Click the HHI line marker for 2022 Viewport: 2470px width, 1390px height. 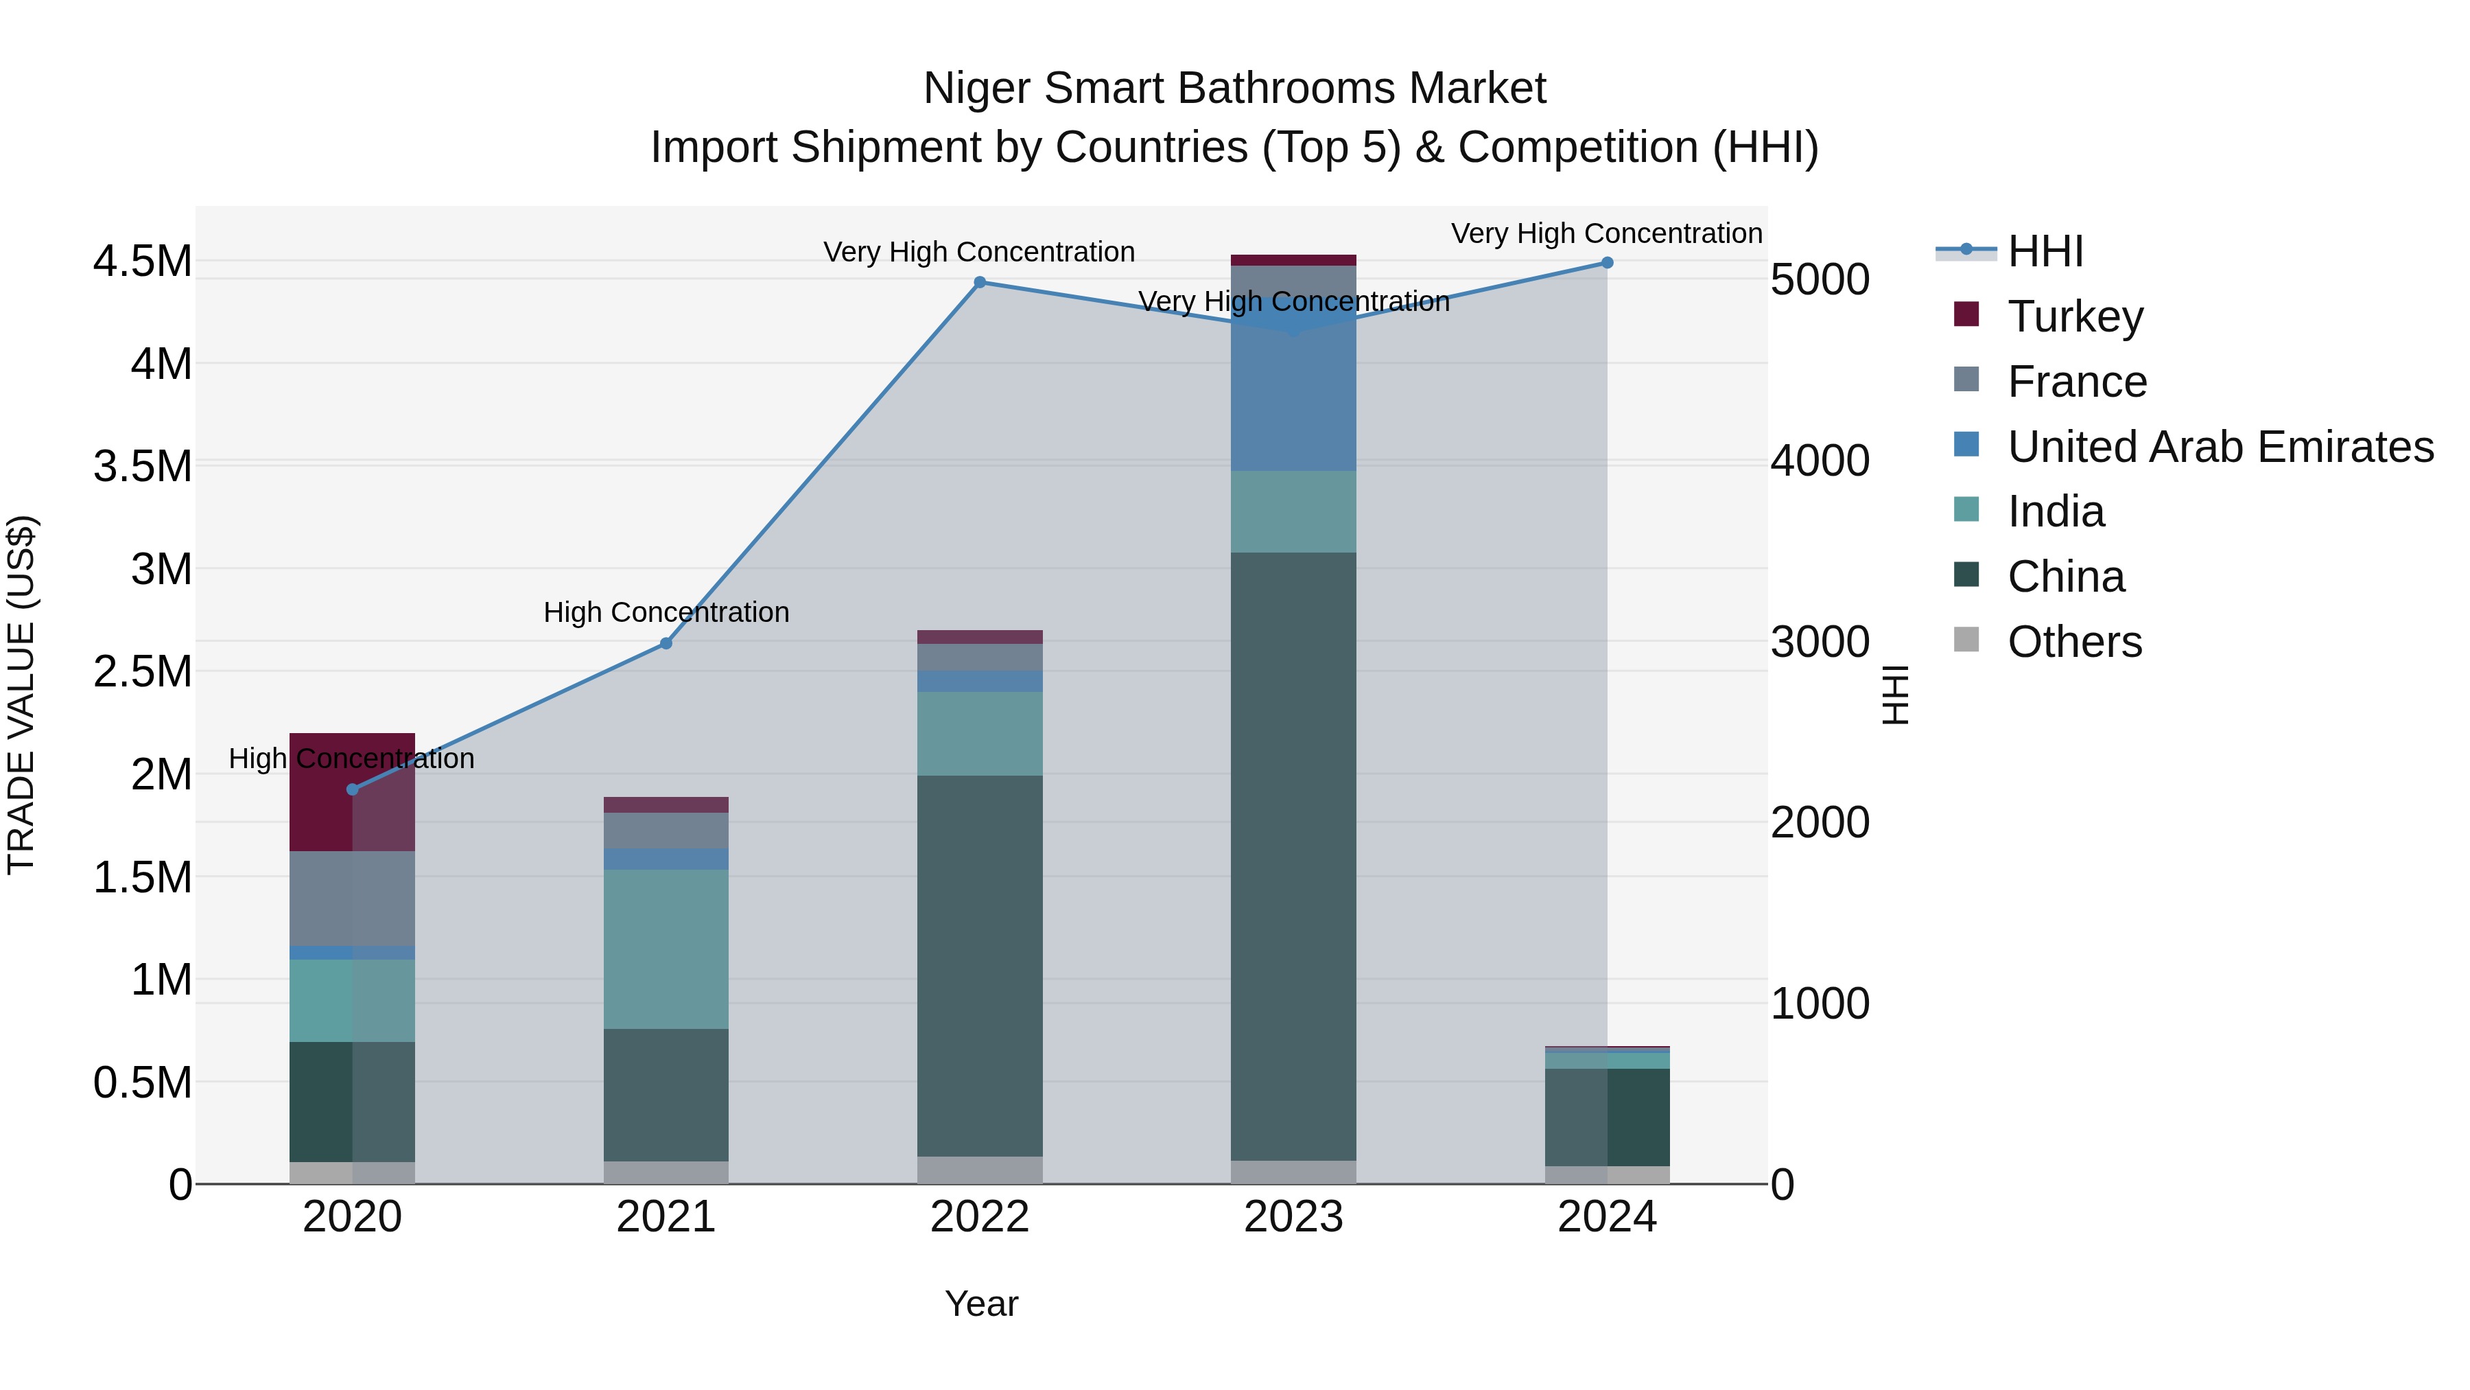(979, 282)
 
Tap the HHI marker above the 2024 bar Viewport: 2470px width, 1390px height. (1607, 263)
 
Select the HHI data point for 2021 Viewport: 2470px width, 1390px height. (666, 644)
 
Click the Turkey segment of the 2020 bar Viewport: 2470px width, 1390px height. (352, 791)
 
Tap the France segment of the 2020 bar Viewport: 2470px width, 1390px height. (352, 898)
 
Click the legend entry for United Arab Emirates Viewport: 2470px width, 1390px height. (2220, 447)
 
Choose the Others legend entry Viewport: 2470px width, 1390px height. (2074, 642)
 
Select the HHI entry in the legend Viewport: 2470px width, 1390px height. (2045, 251)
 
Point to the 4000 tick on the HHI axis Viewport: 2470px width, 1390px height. (1819, 461)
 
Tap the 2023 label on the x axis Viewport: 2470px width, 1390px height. (1293, 1217)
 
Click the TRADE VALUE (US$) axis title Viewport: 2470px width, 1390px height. (21, 695)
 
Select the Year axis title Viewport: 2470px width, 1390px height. (981, 1304)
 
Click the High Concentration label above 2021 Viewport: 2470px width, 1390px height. (666, 612)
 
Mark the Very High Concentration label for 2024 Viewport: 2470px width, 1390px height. (1606, 233)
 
